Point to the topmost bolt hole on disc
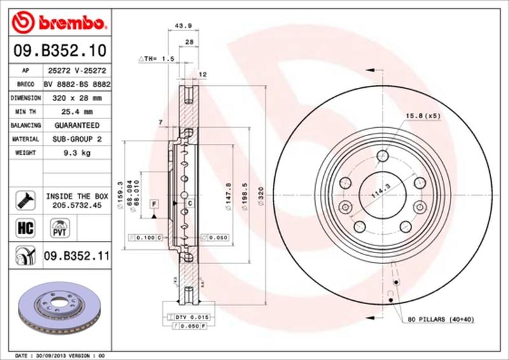(382, 156)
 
